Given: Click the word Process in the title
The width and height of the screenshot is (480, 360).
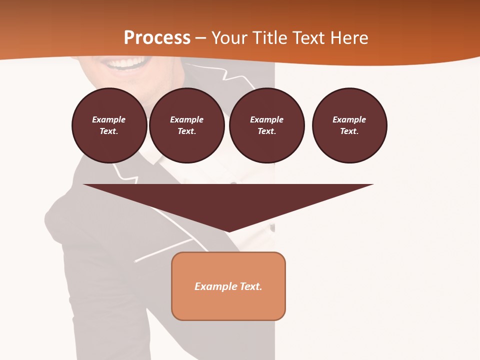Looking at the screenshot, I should pyautogui.click(x=157, y=38).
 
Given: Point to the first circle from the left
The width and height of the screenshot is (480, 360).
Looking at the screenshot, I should pyautogui.click(x=109, y=125).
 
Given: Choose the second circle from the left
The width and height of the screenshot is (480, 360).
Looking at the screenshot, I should pyautogui.click(x=186, y=125).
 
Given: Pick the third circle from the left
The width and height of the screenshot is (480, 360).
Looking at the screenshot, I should pyautogui.click(x=266, y=125).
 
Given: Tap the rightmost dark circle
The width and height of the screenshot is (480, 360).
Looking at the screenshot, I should pyautogui.click(x=349, y=125).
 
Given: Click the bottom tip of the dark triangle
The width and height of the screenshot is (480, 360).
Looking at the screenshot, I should pyautogui.click(x=228, y=231).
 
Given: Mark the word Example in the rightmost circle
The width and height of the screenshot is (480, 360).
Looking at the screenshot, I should pyautogui.click(x=349, y=119).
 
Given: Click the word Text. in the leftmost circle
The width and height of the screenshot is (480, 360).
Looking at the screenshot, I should pyautogui.click(x=109, y=131).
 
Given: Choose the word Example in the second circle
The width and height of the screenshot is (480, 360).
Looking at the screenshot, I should pyautogui.click(x=186, y=119).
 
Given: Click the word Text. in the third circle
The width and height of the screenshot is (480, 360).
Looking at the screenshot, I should pyautogui.click(x=266, y=131).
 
